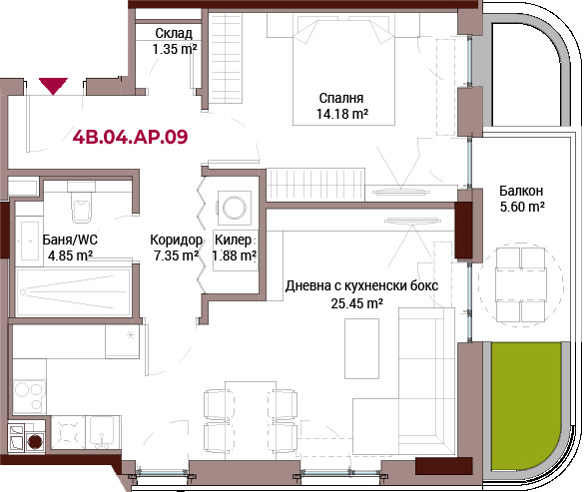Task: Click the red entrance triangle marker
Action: click(53, 86)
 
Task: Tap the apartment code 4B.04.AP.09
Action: click(130, 137)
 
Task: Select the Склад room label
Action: click(174, 33)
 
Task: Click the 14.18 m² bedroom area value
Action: click(342, 113)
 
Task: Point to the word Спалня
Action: click(341, 98)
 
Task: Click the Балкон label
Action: click(521, 191)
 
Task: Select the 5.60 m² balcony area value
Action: click(522, 207)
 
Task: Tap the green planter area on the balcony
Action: click(525, 405)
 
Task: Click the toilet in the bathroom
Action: click(82, 203)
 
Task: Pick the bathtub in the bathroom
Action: click(73, 291)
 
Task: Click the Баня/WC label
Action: click(70, 240)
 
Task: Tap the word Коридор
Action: click(176, 240)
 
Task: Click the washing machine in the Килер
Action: click(235, 208)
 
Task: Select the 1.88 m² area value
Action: click(235, 255)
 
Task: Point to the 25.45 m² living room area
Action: click(356, 303)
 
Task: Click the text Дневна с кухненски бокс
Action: click(361, 285)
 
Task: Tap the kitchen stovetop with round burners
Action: click(29, 397)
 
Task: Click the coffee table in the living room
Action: click(361, 348)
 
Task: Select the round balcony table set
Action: click(520, 285)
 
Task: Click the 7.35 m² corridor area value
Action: click(176, 255)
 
